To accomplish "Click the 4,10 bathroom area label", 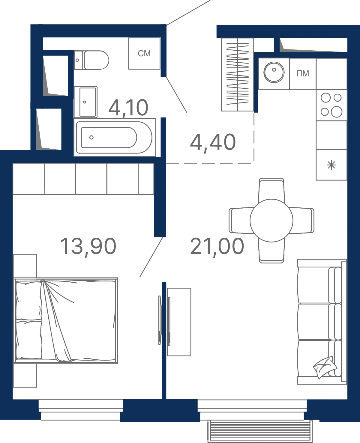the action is click(x=128, y=108).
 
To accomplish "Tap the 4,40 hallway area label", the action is click(x=213, y=142).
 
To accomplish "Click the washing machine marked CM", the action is click(x=144, y=53).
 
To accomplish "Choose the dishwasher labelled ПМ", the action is click(x=303, y=74).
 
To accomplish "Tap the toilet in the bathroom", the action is click(x=91, y=60).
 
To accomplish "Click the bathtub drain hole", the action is click(x=91, y=137).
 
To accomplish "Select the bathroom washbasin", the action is click(x=85, y=102).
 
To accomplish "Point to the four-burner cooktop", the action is click(x=331, y=105).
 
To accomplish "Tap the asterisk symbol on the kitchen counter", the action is click(x=331, y=165).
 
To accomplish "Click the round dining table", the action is click(x=271, y=221).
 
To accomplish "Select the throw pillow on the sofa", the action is click(x=325, y=367).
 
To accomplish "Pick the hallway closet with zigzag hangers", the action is click(x=237, y=74).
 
